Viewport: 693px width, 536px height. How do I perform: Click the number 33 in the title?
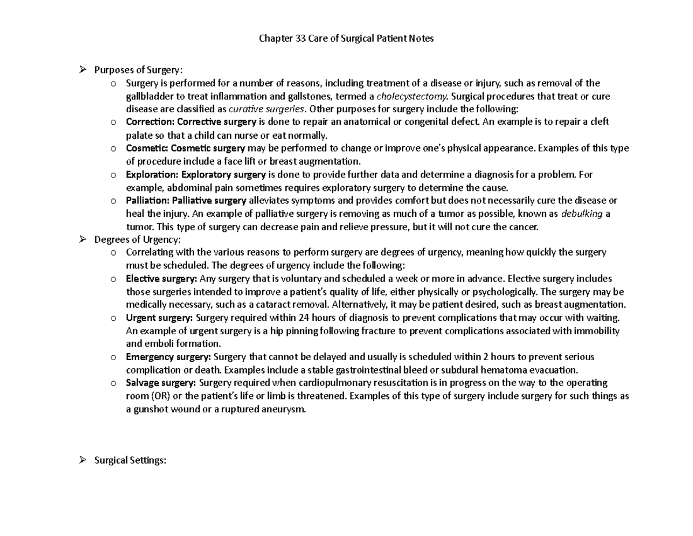(300, 39)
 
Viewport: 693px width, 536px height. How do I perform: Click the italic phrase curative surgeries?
(266, 109)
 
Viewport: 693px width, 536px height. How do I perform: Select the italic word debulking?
(582, 213)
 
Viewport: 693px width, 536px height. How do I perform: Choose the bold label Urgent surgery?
(160, 317)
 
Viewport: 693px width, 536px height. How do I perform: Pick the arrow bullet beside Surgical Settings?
(83, 461)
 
